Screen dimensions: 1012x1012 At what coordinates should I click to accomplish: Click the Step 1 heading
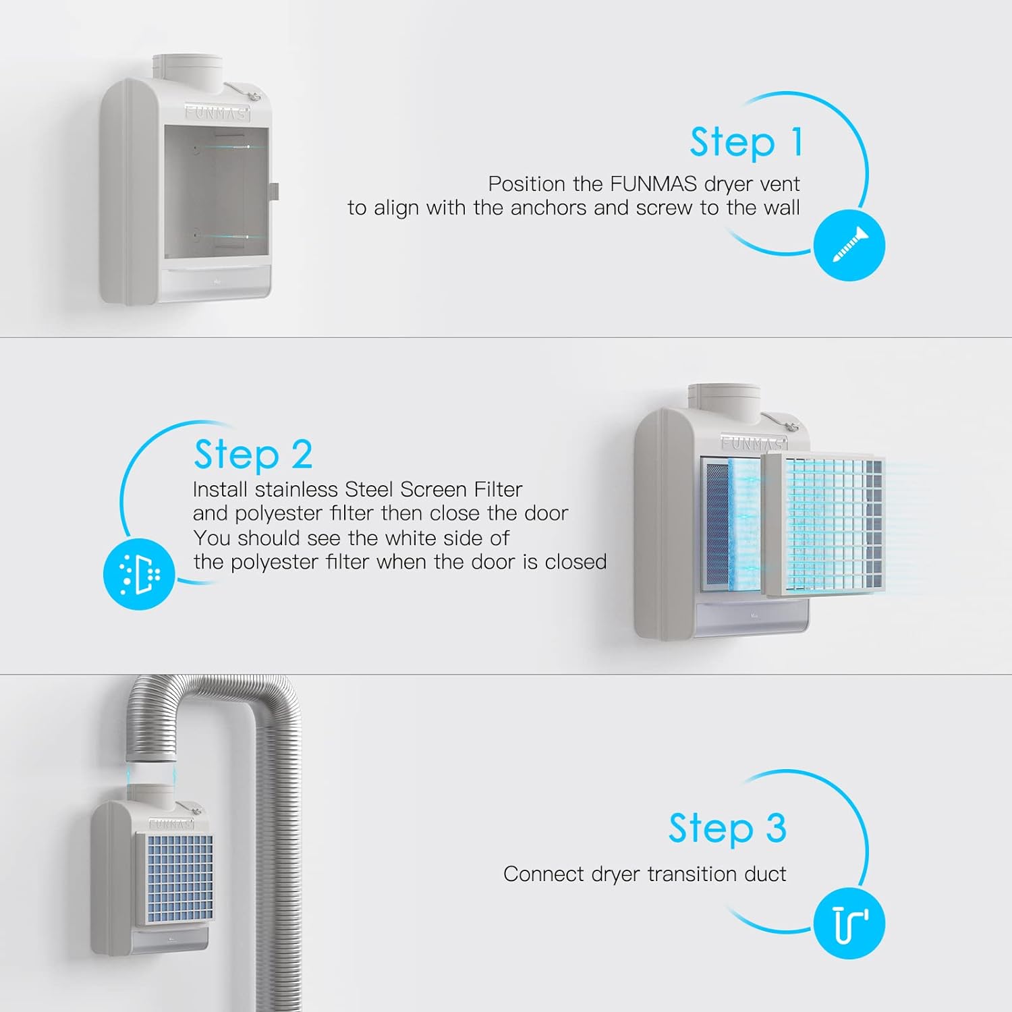(746, 143)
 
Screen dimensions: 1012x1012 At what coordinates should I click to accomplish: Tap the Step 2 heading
(253, 454)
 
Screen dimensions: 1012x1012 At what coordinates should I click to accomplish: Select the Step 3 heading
(727, 828)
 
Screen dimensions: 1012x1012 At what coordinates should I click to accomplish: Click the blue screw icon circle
(849, 244)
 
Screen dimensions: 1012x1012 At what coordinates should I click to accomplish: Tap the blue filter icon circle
(139, 574)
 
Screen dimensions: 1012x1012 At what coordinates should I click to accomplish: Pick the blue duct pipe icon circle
(849, 924)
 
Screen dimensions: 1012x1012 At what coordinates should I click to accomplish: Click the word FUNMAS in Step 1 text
(653, 184)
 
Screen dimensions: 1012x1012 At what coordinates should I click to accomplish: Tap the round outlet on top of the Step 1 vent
(188, 70)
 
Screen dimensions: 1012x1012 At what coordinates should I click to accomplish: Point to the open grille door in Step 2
(824, 524)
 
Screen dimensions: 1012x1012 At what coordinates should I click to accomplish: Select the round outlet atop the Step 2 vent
(724, 401)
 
